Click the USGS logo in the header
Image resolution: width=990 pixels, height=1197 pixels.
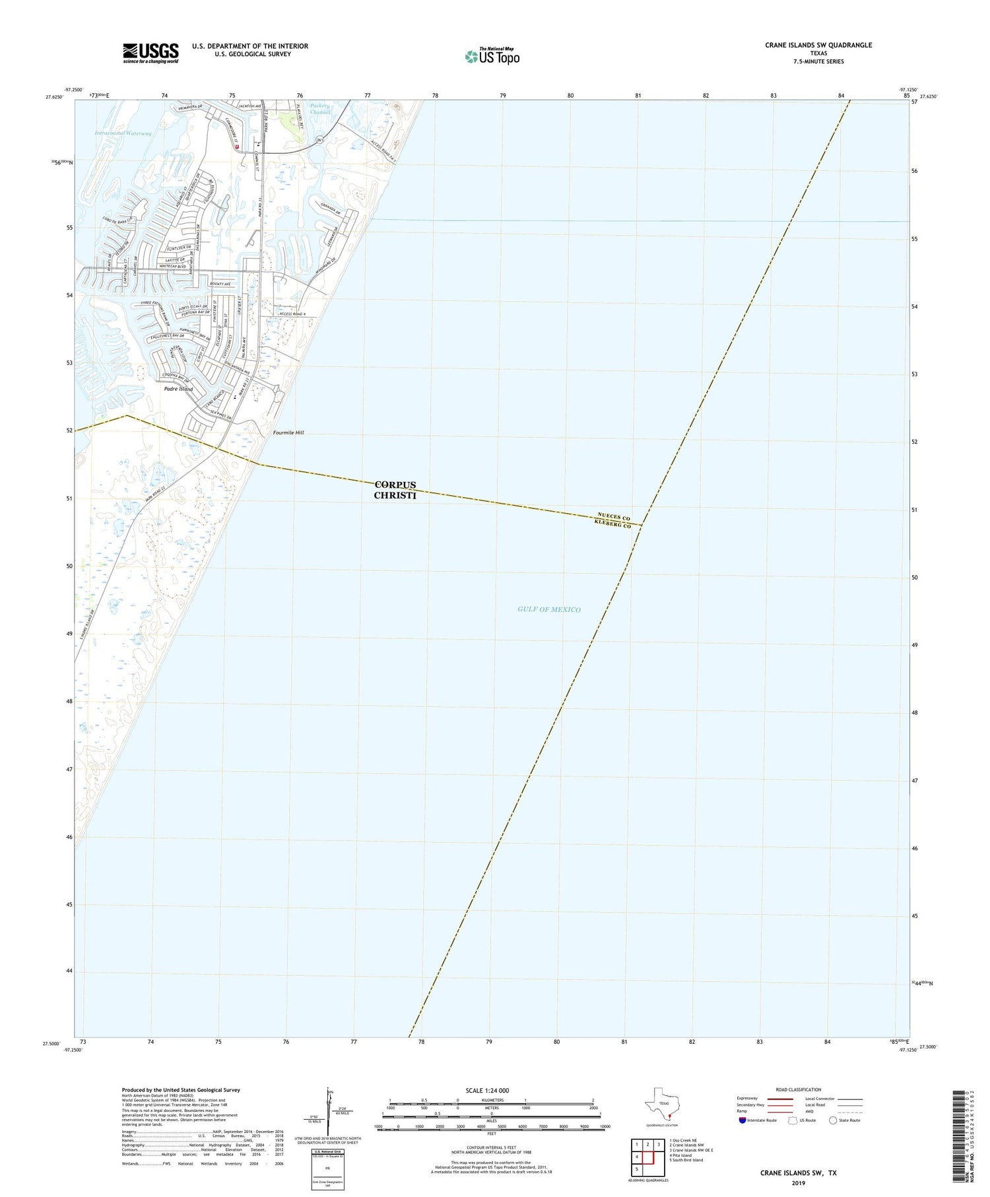150,53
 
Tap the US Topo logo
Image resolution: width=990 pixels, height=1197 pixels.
492,56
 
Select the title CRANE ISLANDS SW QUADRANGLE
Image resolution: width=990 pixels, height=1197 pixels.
818,45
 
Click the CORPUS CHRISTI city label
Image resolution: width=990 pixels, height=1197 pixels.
395,490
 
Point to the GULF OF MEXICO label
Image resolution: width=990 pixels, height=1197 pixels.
549,609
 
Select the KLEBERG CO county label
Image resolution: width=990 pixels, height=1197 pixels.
612,524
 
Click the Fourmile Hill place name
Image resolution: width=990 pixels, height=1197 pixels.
288,432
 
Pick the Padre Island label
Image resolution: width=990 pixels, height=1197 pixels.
178,389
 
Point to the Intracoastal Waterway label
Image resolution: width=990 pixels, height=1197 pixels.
123,133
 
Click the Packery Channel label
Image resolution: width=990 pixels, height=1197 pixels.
320,109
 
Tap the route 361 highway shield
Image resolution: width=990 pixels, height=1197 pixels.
320,140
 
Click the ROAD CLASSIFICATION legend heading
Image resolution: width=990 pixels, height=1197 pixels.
799,1089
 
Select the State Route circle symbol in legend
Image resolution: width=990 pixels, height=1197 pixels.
833,1120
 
